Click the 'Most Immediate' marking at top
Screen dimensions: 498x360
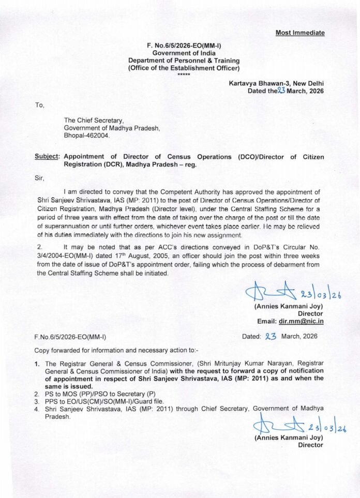tap(300, 33)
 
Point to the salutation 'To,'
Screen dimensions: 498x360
tap(40, 105)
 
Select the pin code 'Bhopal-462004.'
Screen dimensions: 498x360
tap(87, 135)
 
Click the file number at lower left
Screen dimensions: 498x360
tap(70, 337)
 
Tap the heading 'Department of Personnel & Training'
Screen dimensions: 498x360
tap(184, 60)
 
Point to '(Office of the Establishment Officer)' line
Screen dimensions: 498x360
tap(184, 68)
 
